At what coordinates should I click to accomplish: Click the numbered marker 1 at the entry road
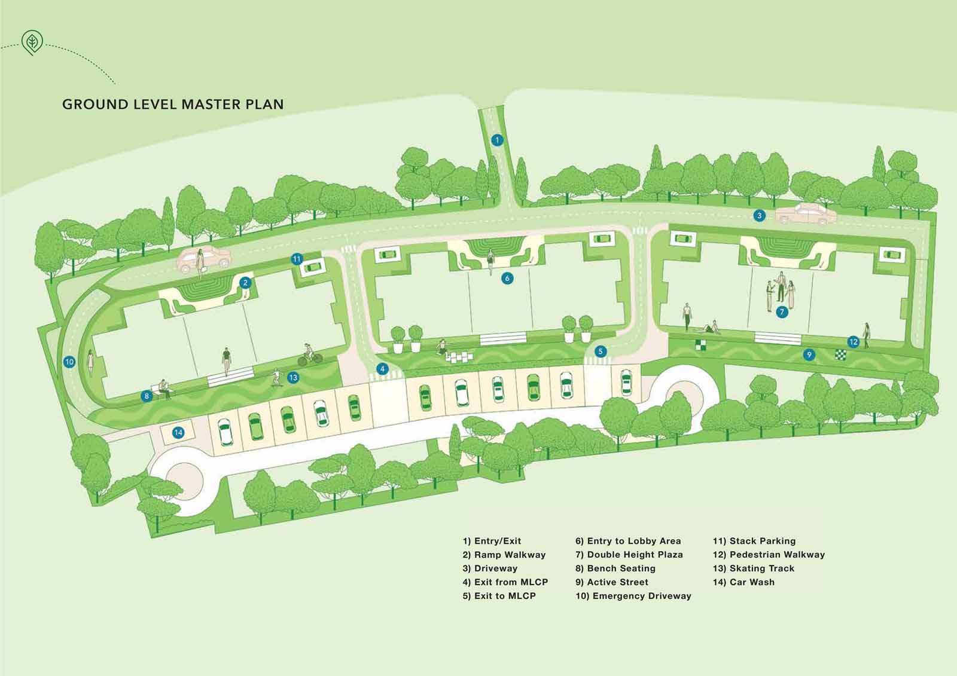(x=496, y=140)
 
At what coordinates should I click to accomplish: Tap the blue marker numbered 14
(x=178, y=433)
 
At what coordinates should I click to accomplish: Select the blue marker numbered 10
(x=69, y=362)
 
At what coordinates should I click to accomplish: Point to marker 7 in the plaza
(x=781, y=312)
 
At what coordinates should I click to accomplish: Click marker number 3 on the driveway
(x=759, y=216)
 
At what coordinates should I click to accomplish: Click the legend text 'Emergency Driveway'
(x=633, y=596)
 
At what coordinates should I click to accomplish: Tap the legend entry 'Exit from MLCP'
(x=505, y=582)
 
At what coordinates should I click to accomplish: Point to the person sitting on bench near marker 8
(x=164, y=389)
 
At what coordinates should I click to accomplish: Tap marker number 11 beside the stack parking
(x=297, y=259)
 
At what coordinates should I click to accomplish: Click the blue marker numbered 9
(x=809, y=355)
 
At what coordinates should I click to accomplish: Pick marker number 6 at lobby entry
(x=507, y=278)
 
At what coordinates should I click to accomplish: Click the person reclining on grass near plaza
(x=708, y=328)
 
